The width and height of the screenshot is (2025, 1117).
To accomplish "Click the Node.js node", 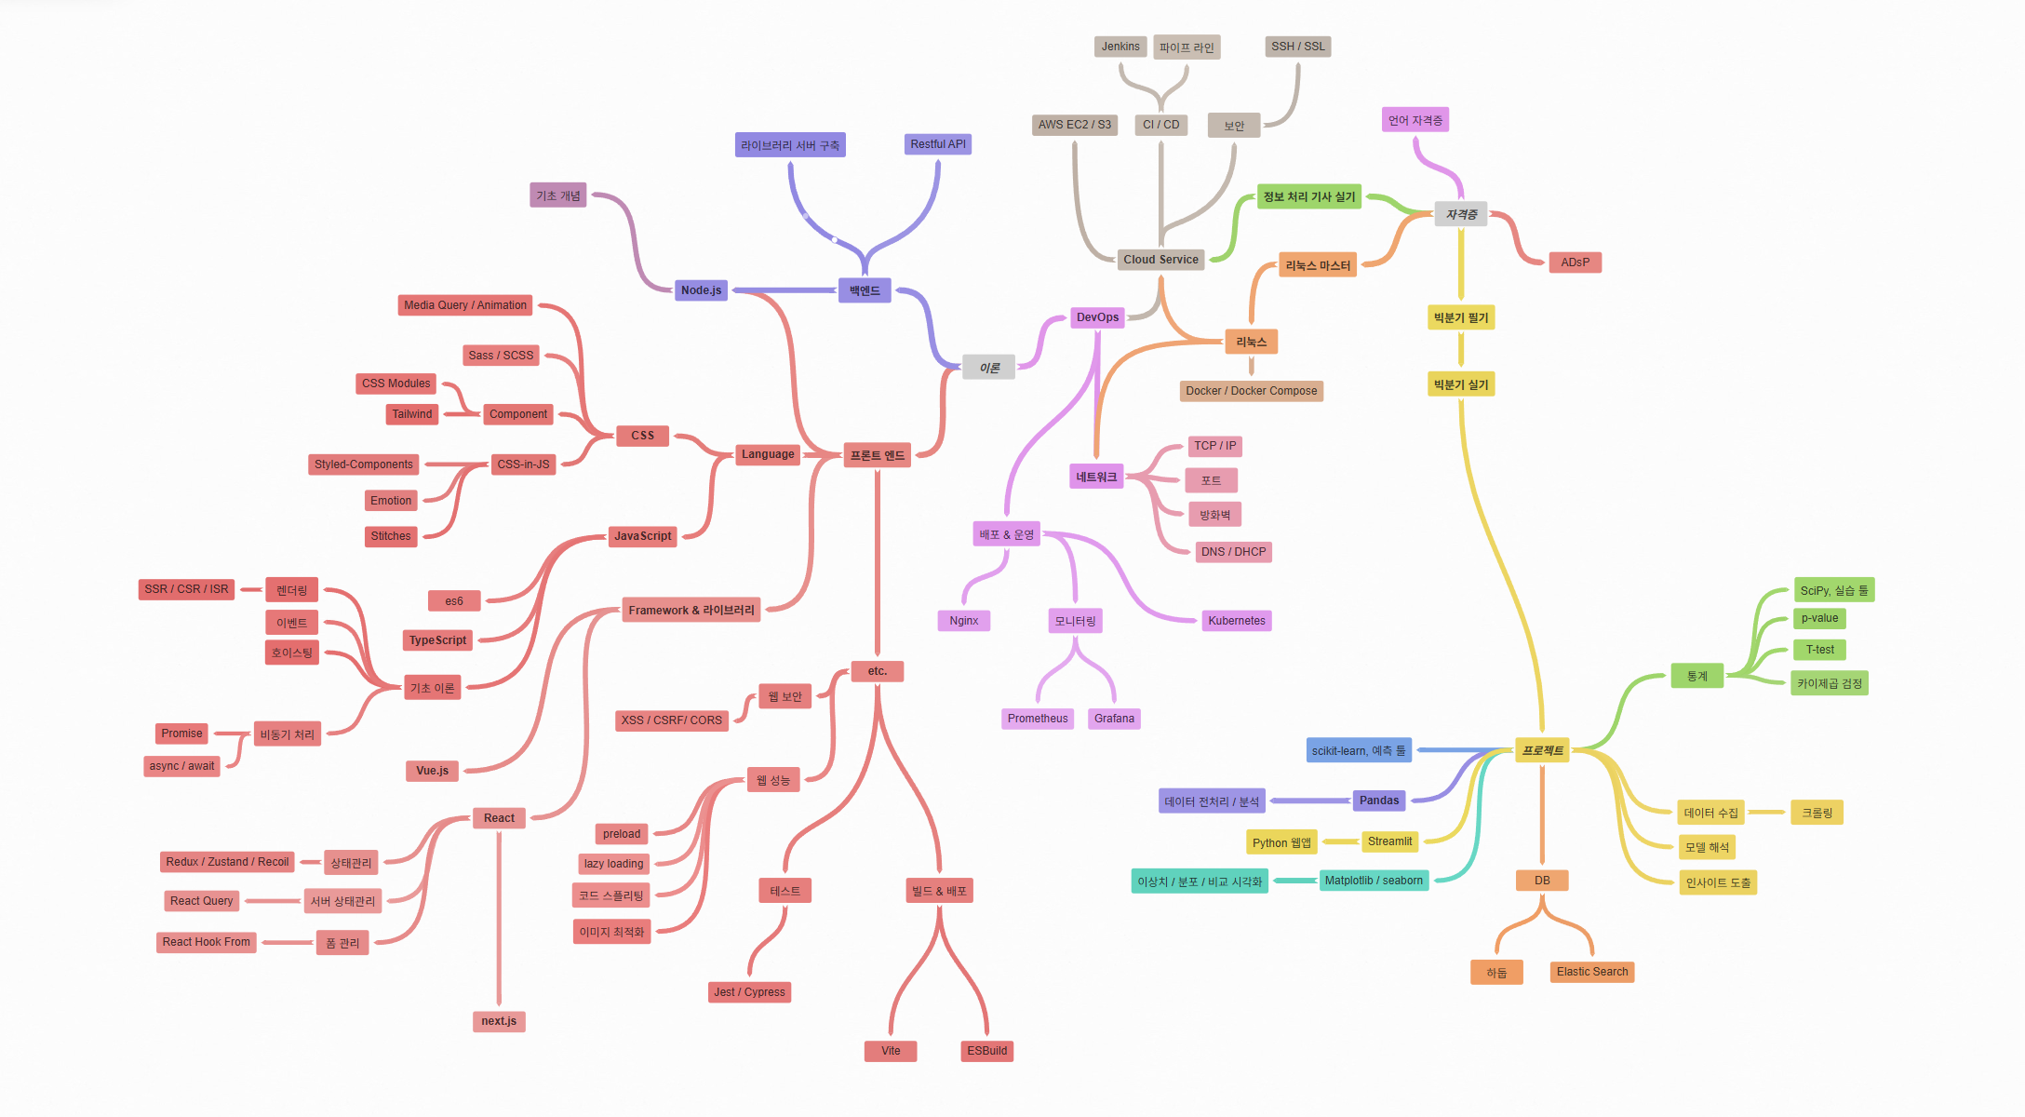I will point(701,290).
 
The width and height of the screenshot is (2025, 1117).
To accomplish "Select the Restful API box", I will point(937,144).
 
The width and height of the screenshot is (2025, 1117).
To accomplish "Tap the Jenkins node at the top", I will point(1120,47).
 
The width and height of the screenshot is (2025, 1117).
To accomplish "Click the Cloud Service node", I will point(1160,260).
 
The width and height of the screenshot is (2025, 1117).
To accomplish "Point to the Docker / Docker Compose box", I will point(1251,391).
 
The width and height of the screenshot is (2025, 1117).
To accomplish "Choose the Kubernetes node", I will point(1236,621).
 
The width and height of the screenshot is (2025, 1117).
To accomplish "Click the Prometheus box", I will point(1038,719).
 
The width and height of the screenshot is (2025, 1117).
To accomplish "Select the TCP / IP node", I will point(1214,446).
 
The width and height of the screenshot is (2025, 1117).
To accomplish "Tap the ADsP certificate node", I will point(1575,262).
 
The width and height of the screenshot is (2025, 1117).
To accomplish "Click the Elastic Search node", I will point(1591,972).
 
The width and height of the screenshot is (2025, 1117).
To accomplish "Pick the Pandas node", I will point(1378,801).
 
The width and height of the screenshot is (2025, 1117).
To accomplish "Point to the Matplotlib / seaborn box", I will point(1373,881).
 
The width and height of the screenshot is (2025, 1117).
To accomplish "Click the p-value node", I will point(1819,618).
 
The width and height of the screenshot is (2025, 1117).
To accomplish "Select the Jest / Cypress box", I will point(749,992).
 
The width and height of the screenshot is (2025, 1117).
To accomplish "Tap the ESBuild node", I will point(986,1051).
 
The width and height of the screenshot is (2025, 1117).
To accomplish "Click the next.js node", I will point(499,1021).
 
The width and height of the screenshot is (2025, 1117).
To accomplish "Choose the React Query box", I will point(201,901).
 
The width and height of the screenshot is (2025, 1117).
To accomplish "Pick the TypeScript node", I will point(437,640).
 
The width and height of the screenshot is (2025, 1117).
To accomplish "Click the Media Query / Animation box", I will point(464,305).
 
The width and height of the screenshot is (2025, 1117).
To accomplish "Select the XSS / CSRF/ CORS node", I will point(671,720).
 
